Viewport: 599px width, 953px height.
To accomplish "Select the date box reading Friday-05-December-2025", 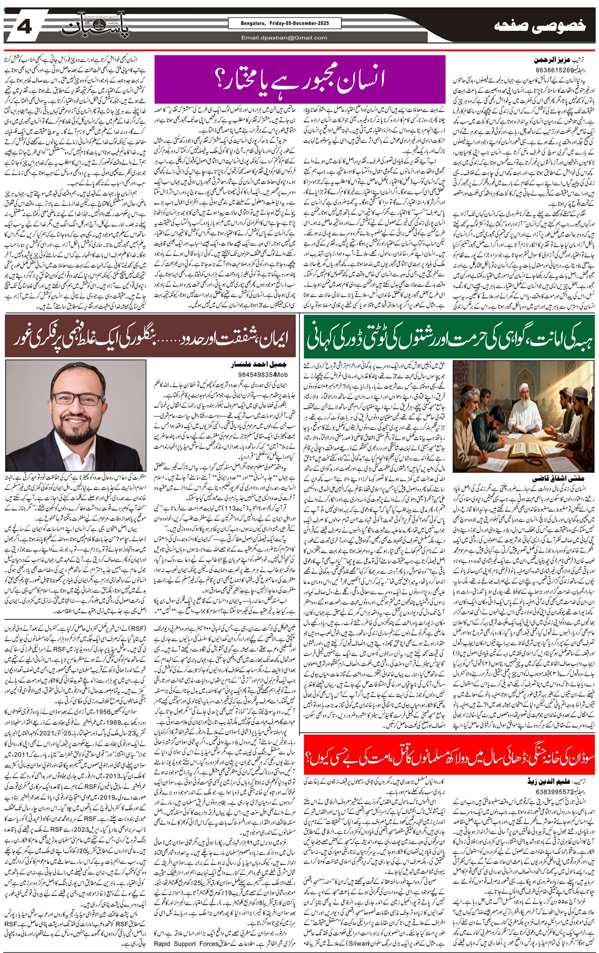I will (285, 23).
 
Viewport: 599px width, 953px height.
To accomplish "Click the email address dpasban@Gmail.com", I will (284, 38).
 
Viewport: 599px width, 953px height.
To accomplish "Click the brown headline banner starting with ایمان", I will (150, 336).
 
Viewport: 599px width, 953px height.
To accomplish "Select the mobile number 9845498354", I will (257, 374).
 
